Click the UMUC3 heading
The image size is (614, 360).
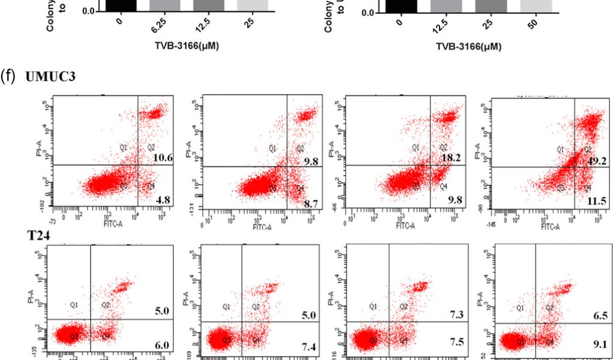coord(50,77)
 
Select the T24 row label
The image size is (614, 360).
coord(38,236)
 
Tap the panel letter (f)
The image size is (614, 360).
coord(9,77)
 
